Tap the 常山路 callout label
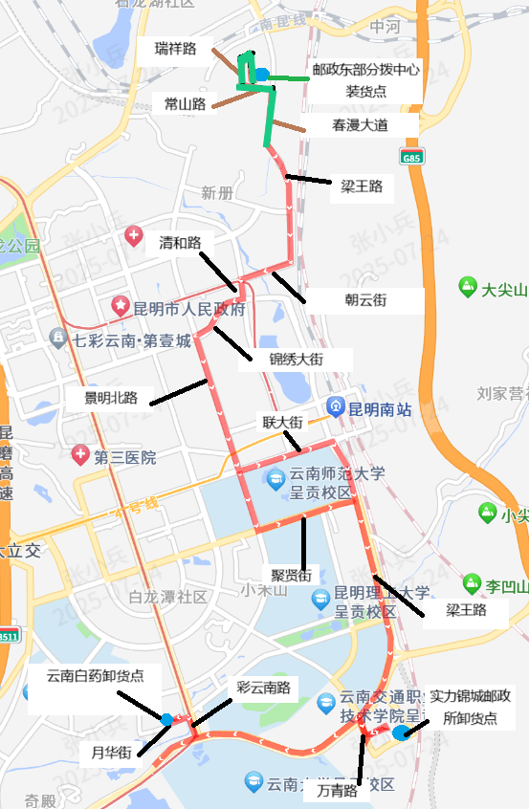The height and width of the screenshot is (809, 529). click(186, 103)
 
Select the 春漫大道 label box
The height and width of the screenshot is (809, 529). click(361, 124)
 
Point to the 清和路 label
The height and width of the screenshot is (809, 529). click(180, 243)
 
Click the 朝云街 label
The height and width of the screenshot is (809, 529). click(365, 300)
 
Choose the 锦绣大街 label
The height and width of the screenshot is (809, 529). click(296, 359)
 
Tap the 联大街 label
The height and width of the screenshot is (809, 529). click(282, 422)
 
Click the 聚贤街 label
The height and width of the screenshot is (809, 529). click(292, 576)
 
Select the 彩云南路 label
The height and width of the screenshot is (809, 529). click(267, 688)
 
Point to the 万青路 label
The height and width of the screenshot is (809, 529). click(338, 791)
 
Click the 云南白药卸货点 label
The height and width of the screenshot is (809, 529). click(96, 675)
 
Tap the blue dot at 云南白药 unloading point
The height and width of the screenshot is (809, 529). click(167, 719)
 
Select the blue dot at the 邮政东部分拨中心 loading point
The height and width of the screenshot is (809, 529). click(261, 74)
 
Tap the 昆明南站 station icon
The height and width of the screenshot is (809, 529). click(336, 405)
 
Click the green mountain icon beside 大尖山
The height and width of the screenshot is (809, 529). click(468, 286)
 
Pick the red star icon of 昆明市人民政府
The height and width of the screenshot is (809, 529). click(121, 307)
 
